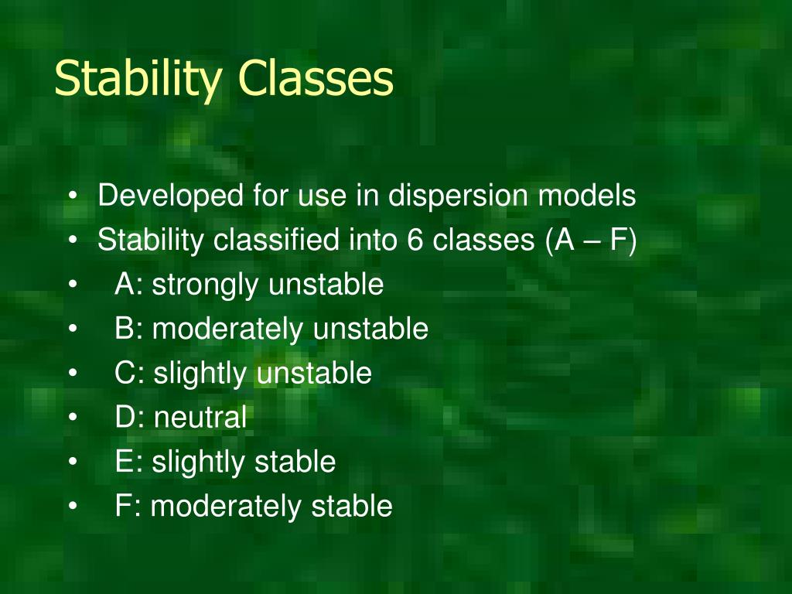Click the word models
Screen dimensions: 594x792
(587, 196)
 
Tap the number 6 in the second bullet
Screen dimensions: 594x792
(413, 241)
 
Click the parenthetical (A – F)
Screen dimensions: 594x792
(590, 241)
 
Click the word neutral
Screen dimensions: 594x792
(200, 418)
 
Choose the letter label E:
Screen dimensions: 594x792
(128, 463)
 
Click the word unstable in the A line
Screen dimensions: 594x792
(326, 285)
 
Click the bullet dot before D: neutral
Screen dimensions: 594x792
(72, 418)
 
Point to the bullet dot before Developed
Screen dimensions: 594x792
(72, 196)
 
